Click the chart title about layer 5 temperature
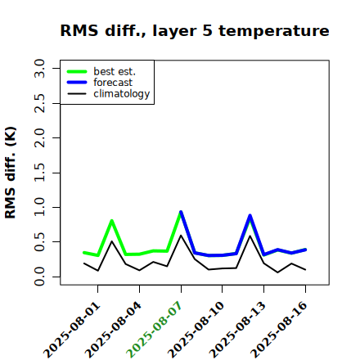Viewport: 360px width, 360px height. point(195,31)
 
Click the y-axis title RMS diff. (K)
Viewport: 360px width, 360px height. point(11,173)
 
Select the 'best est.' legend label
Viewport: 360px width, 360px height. point(115,71)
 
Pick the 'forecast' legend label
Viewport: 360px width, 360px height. point(113,83)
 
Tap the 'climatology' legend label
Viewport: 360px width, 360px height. point(122,94)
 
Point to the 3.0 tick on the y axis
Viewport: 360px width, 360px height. point(39,68)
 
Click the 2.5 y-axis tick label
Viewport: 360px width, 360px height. point(39,103)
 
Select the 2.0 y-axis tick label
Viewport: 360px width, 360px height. point(39,137)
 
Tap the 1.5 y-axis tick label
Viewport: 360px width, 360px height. point(39,173)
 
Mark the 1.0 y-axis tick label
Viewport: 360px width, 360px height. point(39,207)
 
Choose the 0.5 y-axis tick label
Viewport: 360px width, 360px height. point(39,242)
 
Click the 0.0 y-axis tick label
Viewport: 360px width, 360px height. point(39,277)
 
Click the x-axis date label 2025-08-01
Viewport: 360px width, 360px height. point(72,330)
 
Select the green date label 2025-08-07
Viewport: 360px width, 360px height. point(155,330)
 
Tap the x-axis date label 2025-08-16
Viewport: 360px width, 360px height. point(279,330)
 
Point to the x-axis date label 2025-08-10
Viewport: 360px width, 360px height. point(196,330)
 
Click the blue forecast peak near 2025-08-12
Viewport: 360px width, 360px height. point(250,215)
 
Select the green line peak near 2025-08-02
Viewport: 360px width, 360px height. point(111,220)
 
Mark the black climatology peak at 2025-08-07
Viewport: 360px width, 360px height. point(181,235)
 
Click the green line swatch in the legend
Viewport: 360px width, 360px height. point(77,72)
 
